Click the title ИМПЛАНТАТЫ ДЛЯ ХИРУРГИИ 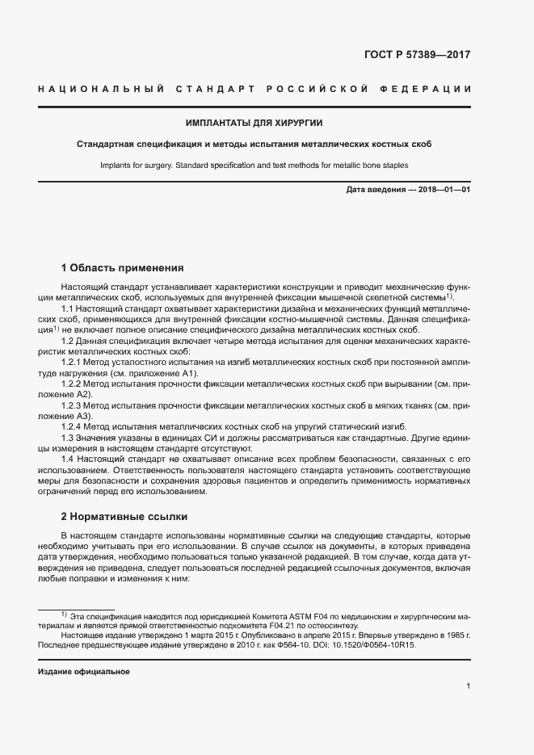click(x=254, y=123)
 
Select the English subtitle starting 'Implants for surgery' click(x=254, y=165)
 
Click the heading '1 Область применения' click(x=123, y=267)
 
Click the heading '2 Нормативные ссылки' click(x=124, y=516)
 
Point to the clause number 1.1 click(x=68, y=309)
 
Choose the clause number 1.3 click(x=68, y=437)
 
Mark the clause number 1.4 click(x=68, y=459)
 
